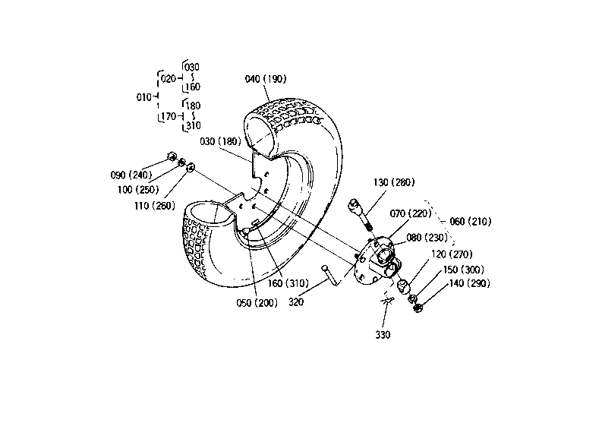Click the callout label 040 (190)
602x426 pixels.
pos(265,79)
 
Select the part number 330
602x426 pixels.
pos(383,335)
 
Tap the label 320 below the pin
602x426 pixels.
pos(296,302)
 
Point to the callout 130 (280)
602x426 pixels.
pos(394,182)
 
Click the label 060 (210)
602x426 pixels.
pos(471,222)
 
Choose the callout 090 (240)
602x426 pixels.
pos(131,175)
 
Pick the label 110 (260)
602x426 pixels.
pos(155,206)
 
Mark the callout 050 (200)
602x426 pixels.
pos(257,303)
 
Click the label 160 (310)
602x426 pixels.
pos(288,283)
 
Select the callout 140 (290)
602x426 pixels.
pos(470,283)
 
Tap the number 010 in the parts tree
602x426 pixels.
pos(144,97)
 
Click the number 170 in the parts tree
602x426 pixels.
pos(169,116)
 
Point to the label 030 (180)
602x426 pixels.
pos(220,141)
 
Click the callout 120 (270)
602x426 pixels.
pos(452,254)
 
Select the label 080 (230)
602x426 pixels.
pos(427,238)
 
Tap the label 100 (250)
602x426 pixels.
pos(138,190)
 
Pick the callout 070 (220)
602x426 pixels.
pos(411,213)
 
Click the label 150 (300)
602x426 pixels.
pos(463,270)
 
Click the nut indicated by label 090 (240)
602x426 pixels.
pos(172,156)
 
